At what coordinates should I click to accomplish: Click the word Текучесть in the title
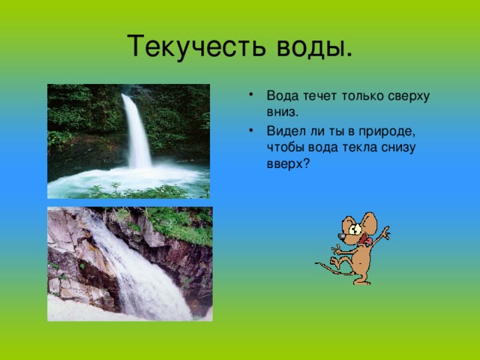click(x=196, y=46)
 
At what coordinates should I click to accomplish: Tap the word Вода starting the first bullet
click(x=283, y=96)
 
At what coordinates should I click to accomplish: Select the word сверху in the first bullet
click(x=409, y=97)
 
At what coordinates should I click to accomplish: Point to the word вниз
click(x=282, y=112)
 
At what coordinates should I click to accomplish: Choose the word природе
click(x=387, y=132)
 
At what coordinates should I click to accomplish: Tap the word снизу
click(x=398, y=148)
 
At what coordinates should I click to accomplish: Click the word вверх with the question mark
click(x=288, y=164)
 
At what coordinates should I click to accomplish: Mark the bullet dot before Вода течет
click(x=251, y=94)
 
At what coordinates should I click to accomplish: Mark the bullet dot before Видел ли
click(x=251, y=130)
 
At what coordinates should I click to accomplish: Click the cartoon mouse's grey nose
click(x=341, y=235)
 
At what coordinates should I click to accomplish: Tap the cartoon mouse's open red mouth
click(x=365, y=239)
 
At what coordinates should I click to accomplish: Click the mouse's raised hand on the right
click(x=385, y=233)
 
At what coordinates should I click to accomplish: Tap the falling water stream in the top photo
click(x=137, y=132)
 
